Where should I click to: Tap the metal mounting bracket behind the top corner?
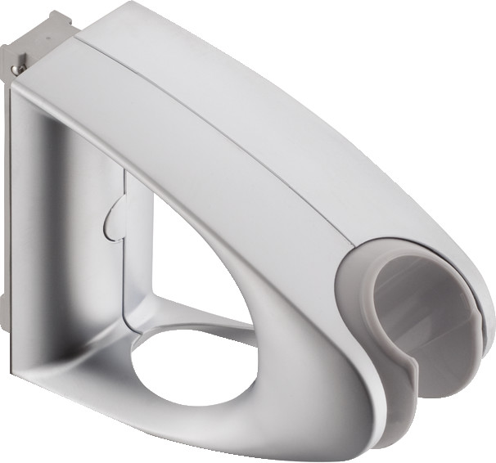pos(41,37)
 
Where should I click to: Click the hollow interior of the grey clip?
pos(426,311)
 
